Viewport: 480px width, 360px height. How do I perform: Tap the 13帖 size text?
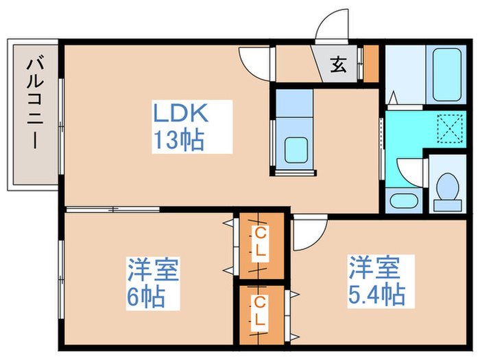coord(178,140)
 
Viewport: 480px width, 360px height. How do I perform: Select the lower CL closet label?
coord(259,311)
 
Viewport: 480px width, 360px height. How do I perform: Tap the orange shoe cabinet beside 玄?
coord(371,63)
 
